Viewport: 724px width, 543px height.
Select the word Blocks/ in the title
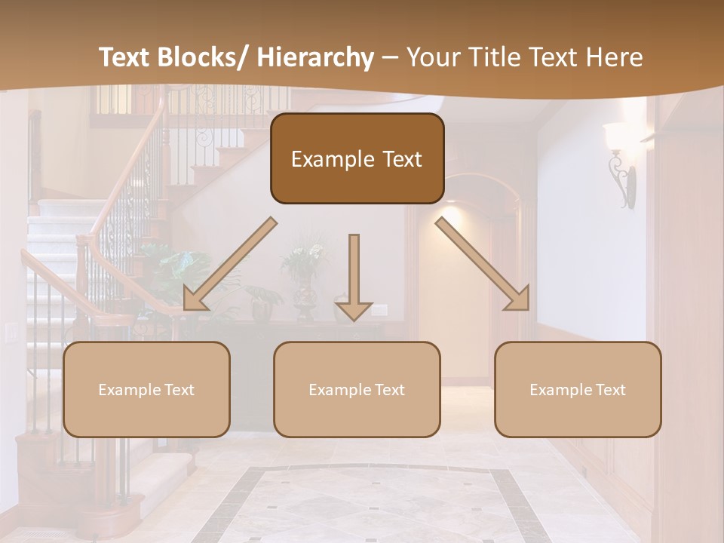[208, 58]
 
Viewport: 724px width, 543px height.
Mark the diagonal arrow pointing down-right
[483, 264]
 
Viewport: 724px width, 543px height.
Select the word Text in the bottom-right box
[609, 390]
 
